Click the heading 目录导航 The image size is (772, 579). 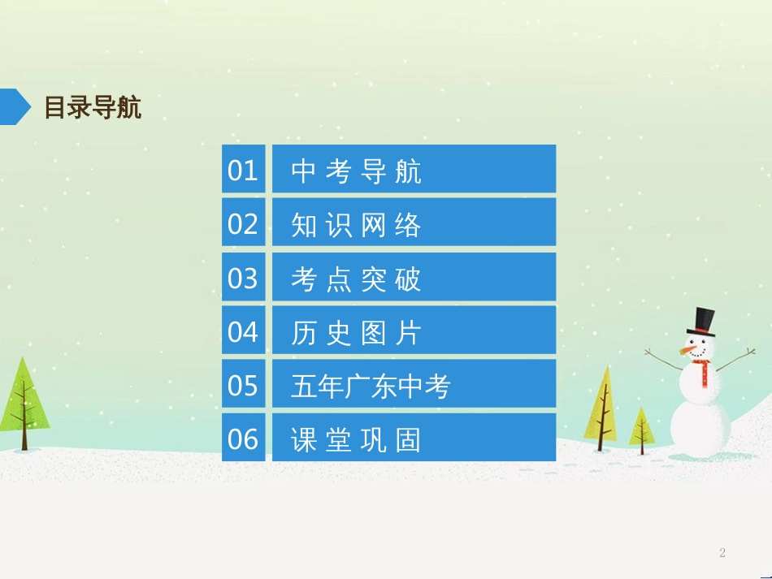[93, 107]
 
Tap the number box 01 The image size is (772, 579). [243, 169]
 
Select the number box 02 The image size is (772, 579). [243, 223]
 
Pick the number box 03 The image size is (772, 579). [243, 277]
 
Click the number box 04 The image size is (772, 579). [243, 331]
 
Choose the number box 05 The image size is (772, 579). [243, 384]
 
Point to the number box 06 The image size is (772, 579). [243, 438]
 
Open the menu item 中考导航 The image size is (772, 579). [414, 169]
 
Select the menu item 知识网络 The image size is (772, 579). [414, 223]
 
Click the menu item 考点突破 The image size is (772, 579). [414, 277]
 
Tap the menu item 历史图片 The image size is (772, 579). [414, 331]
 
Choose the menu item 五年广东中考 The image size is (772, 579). [414, 384]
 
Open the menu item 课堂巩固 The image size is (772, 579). [414, 438]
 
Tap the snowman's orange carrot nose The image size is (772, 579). [692, 350]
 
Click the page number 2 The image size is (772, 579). [722, 553]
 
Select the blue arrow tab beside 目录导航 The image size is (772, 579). [15, 106]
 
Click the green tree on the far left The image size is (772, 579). [24, 402]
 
